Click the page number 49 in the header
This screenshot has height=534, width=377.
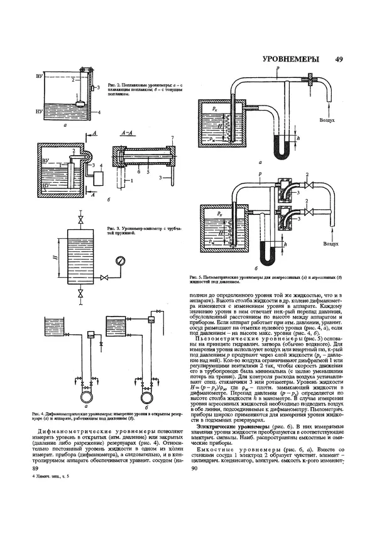click(x=339, y=60)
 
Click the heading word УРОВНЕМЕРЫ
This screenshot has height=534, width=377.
click(x=288, y=60)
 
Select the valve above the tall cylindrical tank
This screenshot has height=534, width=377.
click(x=80, y=220)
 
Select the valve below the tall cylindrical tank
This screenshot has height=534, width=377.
click(x=80, y=293)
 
